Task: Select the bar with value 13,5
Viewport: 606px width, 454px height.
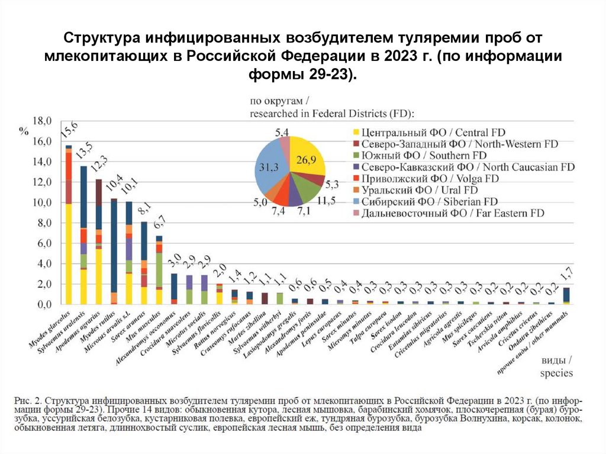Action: [84, 237]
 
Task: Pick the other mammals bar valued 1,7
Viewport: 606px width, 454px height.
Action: [566, 295]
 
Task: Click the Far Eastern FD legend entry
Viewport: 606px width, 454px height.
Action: [452, 212]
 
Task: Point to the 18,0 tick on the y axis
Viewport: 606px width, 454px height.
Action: [41, 121]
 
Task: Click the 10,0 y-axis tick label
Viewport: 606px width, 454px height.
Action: [41, 202]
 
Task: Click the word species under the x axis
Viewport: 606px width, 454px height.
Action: [556, 373]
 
